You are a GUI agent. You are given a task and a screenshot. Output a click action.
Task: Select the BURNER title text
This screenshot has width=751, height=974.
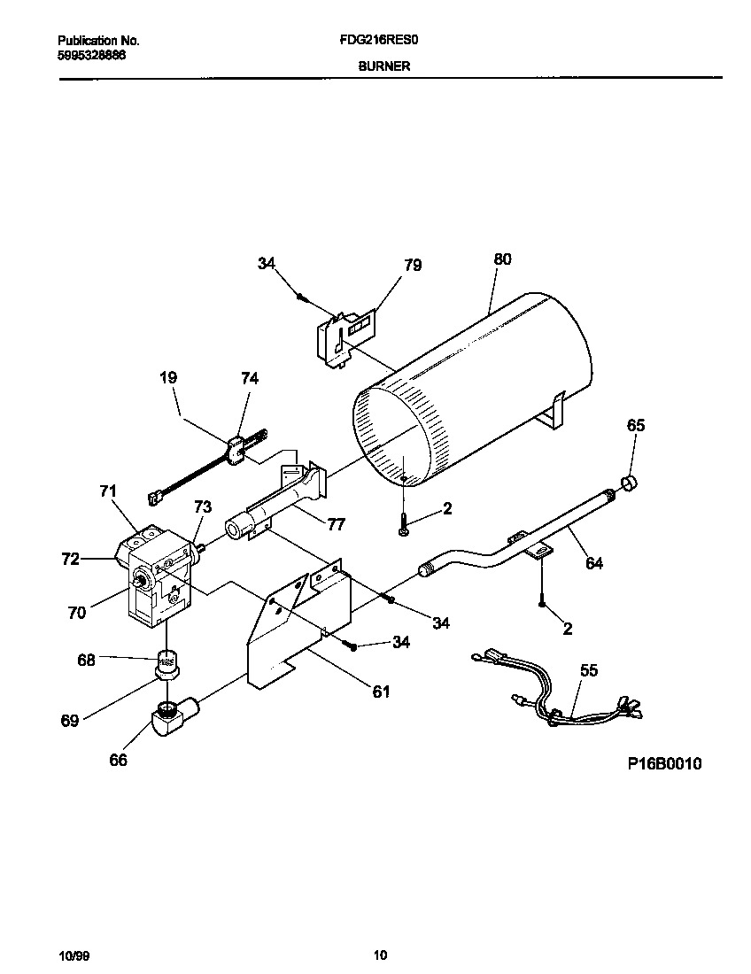383,66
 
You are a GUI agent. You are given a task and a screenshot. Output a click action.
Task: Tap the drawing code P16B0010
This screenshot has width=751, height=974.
664,764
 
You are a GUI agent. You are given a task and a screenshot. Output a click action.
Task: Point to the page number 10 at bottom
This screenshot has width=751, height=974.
380,955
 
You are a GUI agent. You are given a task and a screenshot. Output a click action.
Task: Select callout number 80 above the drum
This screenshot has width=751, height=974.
502,259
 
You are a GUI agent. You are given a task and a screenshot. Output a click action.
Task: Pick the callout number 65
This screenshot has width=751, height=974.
636,425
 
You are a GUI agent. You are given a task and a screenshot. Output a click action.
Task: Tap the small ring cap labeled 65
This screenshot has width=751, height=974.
630,483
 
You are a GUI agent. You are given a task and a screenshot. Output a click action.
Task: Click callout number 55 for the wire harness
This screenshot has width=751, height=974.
588,670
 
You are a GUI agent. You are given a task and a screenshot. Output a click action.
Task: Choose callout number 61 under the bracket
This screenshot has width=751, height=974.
381,692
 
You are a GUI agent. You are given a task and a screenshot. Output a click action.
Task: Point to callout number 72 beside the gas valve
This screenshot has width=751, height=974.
71,559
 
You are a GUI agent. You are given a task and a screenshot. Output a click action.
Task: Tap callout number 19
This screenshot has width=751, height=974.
168,377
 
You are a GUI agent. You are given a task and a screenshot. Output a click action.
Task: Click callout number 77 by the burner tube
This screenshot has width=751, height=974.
336,524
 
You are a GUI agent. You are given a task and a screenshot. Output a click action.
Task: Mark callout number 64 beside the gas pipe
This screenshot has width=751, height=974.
594,562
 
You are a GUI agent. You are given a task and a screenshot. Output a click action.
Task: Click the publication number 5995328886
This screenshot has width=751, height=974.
92,54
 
